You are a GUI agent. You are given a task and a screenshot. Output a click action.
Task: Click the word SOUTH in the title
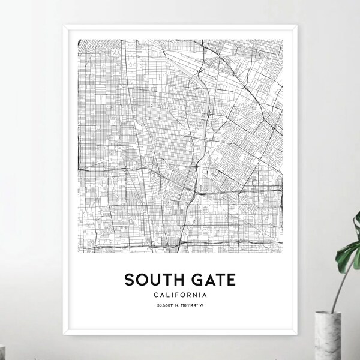click(152, 279)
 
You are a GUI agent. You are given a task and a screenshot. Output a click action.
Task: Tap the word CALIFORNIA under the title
click(179, 295)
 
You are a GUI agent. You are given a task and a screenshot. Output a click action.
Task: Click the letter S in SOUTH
click(129, 279)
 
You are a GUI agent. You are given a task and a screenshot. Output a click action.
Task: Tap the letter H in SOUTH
click(176, 279)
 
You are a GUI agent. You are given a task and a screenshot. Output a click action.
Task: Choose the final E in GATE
click(230, 279)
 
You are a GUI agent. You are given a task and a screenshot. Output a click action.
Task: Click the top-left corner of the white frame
click(62, 25)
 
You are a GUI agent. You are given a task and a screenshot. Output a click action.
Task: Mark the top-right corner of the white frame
click(298, 25)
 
